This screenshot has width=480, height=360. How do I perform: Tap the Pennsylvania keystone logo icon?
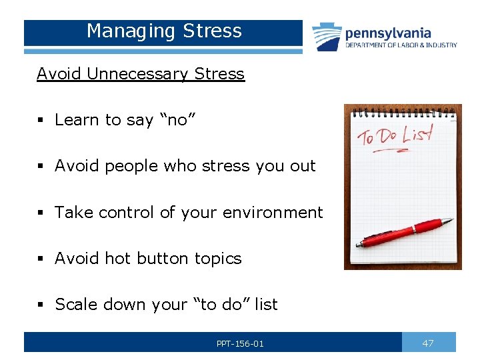(x=327, y=37)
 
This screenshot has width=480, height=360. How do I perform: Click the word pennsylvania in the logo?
(x=387, y=33)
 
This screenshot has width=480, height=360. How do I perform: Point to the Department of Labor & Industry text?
(x=401, y=45)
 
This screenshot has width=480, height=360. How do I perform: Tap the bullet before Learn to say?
(x=41, y=120)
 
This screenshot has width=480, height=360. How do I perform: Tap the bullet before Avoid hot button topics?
(x=41, y=259)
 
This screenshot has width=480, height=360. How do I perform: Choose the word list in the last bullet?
(x=265, y=305)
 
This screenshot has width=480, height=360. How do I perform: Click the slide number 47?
(x=428, y=343)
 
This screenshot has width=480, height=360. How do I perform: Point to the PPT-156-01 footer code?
(x=240, y=344)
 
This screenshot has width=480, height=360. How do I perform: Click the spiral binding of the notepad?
(x=403, y=111)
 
